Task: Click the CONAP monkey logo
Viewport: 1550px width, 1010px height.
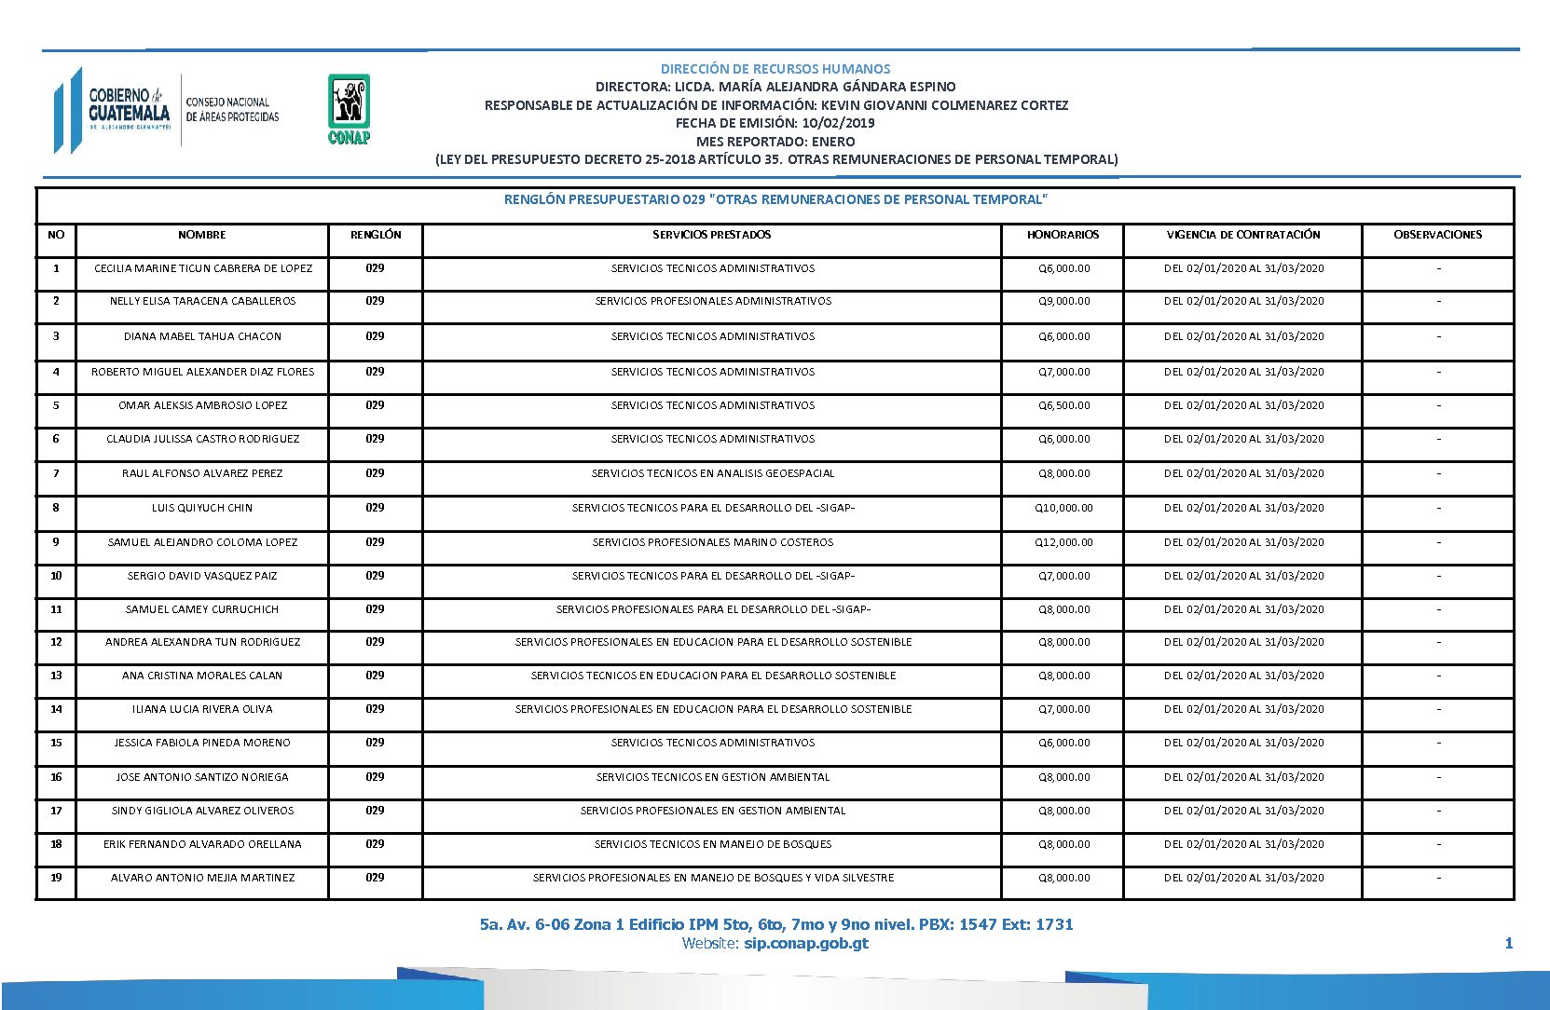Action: pos(349,108)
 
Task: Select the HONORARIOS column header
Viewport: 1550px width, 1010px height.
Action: pos(1063,235)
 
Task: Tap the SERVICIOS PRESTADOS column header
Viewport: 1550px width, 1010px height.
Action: pos(711,235)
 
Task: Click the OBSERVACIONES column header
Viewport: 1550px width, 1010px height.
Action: pos(1437,235)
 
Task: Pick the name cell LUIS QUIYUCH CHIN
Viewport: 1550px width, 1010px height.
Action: pos(202,508)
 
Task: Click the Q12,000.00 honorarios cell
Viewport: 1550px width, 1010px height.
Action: pos(1063,542)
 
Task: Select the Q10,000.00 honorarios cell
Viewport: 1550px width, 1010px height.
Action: pos(1063,508)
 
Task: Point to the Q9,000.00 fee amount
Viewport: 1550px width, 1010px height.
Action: pos(1063,301)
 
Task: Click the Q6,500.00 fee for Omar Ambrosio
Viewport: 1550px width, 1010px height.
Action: pos(1063,405)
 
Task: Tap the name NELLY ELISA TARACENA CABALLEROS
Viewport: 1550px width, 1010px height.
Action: pos(202,301)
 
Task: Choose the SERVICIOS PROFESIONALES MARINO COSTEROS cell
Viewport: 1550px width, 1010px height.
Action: pos(712,542)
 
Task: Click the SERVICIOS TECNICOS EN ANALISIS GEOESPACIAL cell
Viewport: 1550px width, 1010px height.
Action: pos(712,473)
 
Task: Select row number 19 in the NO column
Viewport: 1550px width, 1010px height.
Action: pos(56,878)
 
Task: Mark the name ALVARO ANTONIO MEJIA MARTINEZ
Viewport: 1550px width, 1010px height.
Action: pos(202,878)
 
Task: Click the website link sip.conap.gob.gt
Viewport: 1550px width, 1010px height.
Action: pos(805,943)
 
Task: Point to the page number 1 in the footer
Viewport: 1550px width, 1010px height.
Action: pos(1508,943)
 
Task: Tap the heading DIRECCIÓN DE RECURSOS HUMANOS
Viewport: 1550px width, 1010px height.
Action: pos(775,69)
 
